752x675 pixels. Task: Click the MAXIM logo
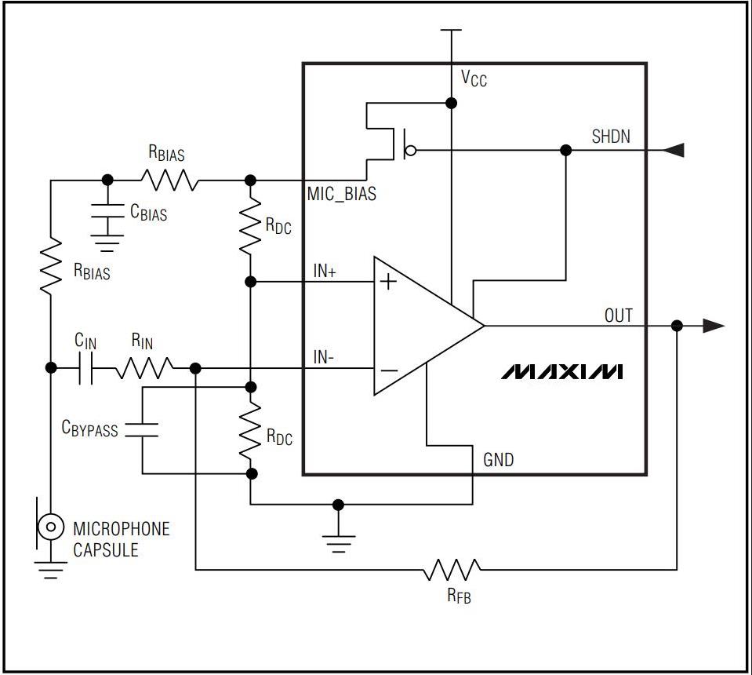[x=561, y=371]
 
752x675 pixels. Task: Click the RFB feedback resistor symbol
[x=452, y=569]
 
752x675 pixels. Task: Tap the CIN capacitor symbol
[x=85, y=368]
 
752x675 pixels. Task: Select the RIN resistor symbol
[x=143, y=368]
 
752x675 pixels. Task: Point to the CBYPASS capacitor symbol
[x=141, y=430]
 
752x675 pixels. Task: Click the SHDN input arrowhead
[x=673, y=150]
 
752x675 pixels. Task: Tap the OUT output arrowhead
[x=714, y=326]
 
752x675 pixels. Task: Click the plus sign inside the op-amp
[x=388, y=281]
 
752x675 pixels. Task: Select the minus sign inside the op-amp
[x=389, y=370]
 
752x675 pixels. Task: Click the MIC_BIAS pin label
[x=341, y=194]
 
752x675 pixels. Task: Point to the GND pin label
[x=498, y=460]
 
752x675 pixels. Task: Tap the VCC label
[x=474, y=78]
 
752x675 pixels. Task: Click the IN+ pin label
[x=325, y=272]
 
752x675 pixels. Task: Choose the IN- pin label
[x=324, y=357]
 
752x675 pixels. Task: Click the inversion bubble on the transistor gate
[x=411, y=151]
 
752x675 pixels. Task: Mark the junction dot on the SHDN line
[x=566, y=150]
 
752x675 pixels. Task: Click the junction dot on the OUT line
[x=677, y=326]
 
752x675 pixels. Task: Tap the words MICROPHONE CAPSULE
[x=122, y=539]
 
